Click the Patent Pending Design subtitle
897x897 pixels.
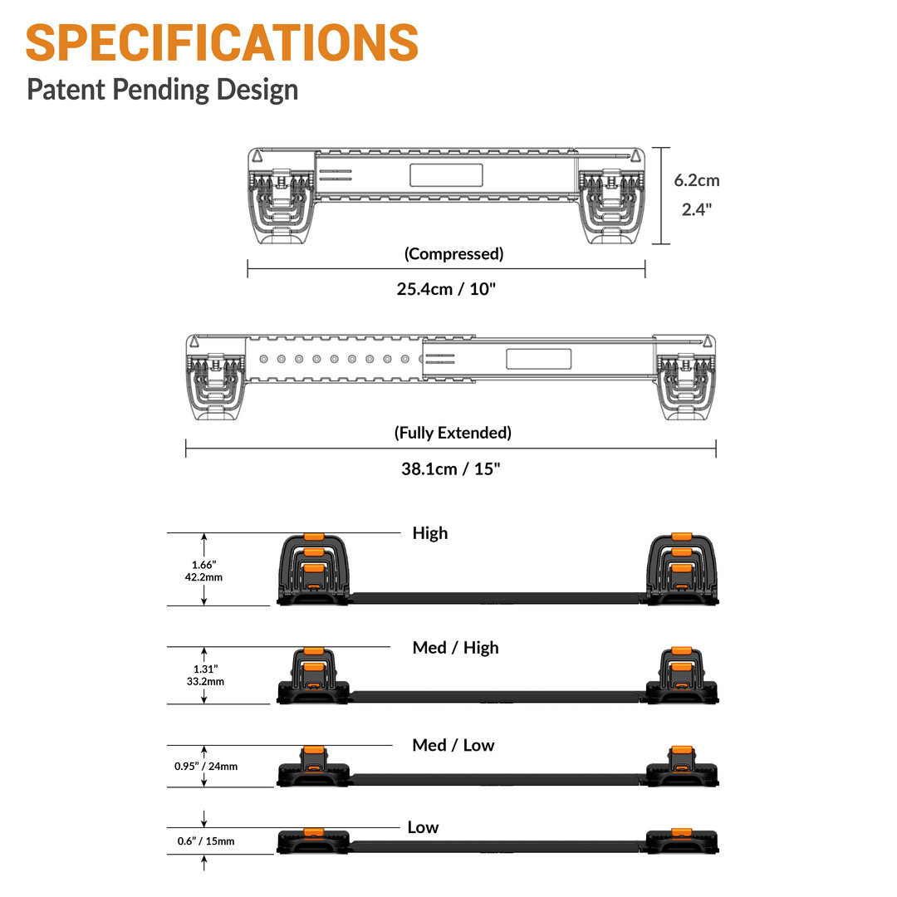pyautogui.click(x=162, y=88)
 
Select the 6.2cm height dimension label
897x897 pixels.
pyautogui.click(x=696, y=180)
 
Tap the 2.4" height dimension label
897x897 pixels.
pyautogui.click(x=696, y=209)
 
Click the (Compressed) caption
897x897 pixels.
pyautogui.click(x=453, y=254)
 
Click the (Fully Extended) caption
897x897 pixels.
pyautogui.click(x=453, y=433)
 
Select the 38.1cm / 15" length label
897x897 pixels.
pyautogui.click(x=451, y=468)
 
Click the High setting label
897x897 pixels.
pyautogui.click(x=429, y=533)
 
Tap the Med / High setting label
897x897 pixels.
pyautogui.click(x=455, y=647)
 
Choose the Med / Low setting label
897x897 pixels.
pyautogui.click(x=453, y=745)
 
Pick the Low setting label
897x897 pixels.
pyautogui.click(x=423, y=827)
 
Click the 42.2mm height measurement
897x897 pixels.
pyautogui.click(x=203, y=576)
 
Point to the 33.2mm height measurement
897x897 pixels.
pyautogui.click(x=203, y=681)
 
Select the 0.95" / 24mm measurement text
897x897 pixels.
pyautogui.click(x=205, y=766)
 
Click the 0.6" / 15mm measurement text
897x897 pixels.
pyautogui.click(x=205, y=841)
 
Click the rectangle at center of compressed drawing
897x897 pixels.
pyautogui.click(x=446, y=175)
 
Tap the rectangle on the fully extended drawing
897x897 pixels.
pyautogui.click(x=538, y=359)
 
